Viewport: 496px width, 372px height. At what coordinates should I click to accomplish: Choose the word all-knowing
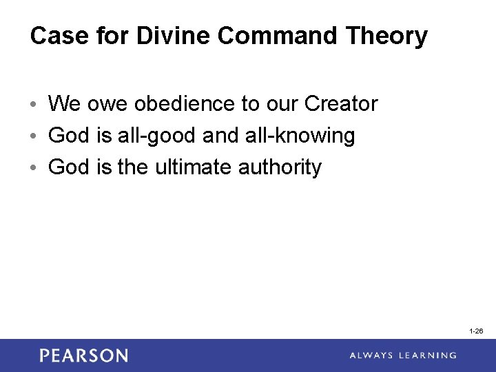point(300,136)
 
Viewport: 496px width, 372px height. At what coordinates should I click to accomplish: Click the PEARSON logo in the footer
point(83,355)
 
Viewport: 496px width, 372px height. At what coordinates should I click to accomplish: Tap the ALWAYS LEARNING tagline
point(402,355)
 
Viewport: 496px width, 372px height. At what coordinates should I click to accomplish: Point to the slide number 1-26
point(476,331)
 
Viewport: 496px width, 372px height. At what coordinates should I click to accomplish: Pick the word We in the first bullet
point(65,104)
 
